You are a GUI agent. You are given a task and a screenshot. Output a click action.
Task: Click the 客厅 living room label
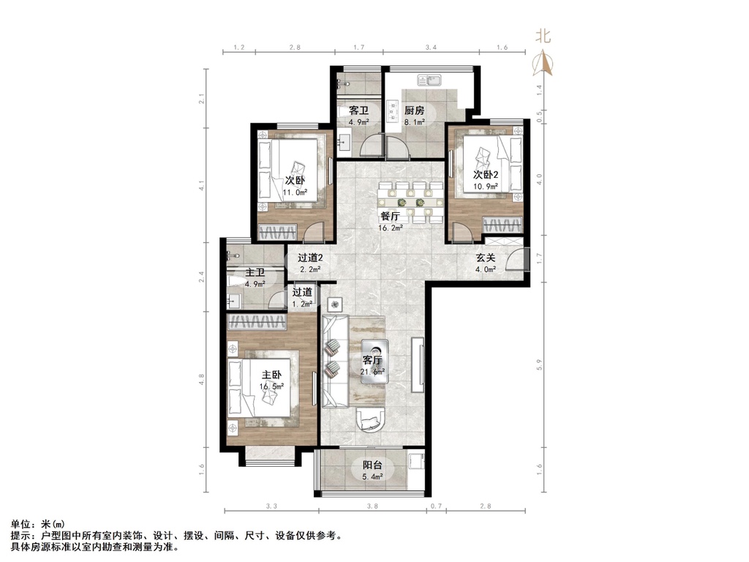(x=372, y=361)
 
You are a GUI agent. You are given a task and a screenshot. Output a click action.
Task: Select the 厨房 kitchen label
(x=415, y=111)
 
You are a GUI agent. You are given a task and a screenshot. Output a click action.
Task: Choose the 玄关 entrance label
(x=486, y=258)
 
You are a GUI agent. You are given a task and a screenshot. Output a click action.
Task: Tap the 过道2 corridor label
(x=310, y=258)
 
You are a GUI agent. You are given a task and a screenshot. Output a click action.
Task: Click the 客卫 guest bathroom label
(x=358, y=110)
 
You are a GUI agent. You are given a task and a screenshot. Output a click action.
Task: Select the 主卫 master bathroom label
(x=255, y=274)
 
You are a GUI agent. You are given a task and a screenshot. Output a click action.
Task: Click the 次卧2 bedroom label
(x=485, y=175)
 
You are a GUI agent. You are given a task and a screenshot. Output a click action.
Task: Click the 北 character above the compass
(x=542, y=35)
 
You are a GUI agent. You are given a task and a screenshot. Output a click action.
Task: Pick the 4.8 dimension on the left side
(x=201, y=378)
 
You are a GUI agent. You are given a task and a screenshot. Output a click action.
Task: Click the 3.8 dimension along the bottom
(x=372, y=506)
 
